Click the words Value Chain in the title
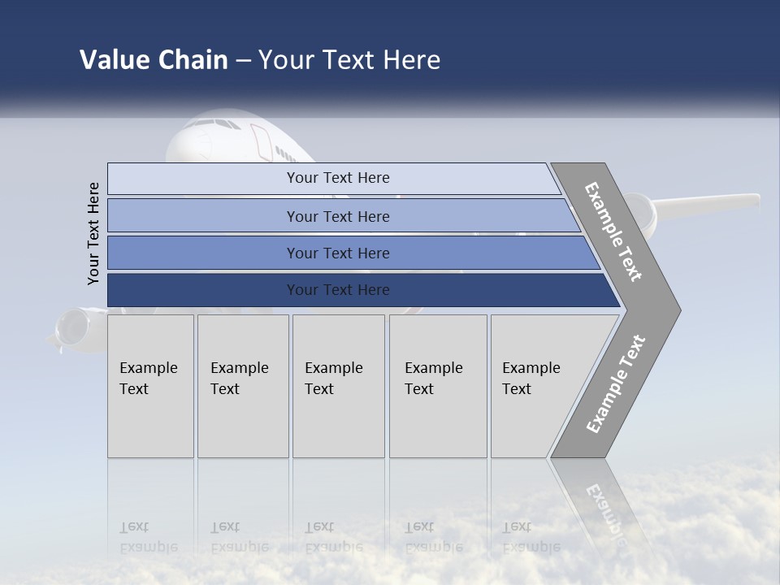coord(154,60)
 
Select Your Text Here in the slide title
coord(349,60)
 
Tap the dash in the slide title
coord(243,61)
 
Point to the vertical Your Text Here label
coord(93,233)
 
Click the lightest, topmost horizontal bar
coord(337,178)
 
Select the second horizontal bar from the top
coord(337,216)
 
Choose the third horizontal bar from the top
coord(337,253)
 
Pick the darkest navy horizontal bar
coord(337,290)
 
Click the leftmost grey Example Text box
coord(150,386)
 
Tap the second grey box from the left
coord(243,386)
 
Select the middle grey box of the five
coord(338,386)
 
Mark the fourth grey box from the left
coord(438,386)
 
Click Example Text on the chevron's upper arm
coord(614,232)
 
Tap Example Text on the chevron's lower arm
coord(616,383)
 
